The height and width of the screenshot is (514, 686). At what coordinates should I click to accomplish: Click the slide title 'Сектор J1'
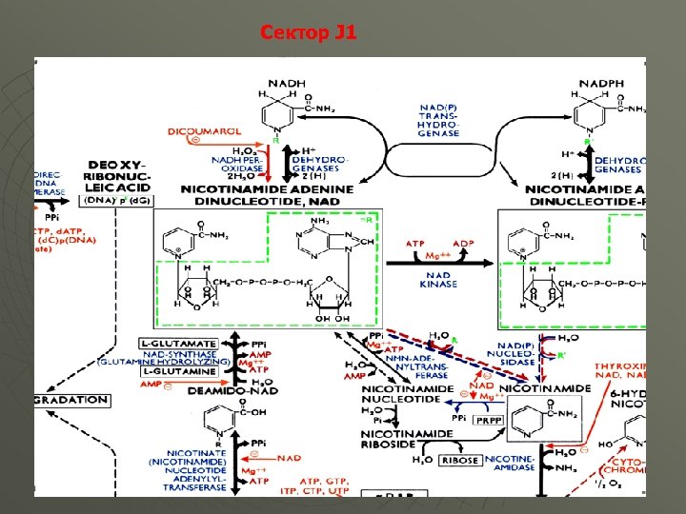308,33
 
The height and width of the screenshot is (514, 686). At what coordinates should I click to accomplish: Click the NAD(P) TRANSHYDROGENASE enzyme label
438,120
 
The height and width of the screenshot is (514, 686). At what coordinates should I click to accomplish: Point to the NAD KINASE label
437,279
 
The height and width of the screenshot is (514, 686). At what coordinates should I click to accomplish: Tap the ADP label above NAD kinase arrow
463,243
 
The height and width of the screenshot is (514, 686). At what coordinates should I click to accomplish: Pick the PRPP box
489,418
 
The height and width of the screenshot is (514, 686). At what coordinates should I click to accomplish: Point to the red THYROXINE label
620,366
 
